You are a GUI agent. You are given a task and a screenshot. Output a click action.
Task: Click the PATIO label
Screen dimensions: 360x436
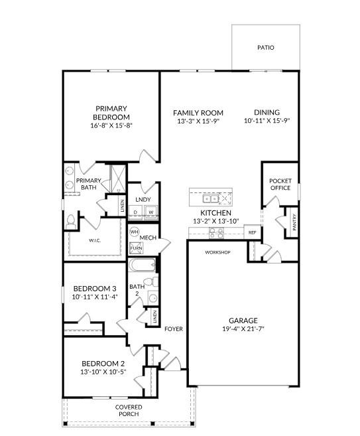(266, 48)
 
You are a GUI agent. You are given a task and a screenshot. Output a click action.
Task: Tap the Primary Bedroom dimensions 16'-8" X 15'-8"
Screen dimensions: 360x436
(111, 125)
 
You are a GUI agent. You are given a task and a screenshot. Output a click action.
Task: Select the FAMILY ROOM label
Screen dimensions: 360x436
(198, 113)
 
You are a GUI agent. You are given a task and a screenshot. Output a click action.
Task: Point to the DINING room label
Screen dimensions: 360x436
(267, 112)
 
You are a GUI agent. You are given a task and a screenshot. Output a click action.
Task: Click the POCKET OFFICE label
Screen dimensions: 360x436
(280, 184)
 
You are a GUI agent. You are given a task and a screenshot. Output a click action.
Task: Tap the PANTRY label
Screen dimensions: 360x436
(294, 222)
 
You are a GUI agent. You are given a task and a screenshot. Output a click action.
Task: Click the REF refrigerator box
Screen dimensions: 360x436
(252, 232)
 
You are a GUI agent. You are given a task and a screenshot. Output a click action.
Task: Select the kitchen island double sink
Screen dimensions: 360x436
(210, 199)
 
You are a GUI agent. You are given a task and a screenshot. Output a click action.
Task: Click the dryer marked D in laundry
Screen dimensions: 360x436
(135, 212)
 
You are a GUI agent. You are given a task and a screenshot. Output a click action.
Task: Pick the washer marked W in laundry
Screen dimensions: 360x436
(151, 212)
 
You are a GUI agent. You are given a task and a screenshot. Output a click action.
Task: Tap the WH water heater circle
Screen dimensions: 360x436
(134, 232)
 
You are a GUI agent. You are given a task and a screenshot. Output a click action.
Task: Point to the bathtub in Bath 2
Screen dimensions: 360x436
(142, 265)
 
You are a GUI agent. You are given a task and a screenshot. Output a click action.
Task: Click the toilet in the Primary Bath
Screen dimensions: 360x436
(71, 222)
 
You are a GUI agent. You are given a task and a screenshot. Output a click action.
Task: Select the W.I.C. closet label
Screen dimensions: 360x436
(95, 240)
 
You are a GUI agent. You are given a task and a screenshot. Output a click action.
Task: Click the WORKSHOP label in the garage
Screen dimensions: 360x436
(217, 252)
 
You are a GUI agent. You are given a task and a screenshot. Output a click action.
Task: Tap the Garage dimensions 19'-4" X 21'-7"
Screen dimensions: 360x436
(243, 329)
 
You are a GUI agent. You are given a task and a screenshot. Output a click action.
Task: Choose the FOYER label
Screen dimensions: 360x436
(174, 329)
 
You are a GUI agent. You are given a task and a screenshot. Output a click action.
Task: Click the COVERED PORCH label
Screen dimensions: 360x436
(129, 410)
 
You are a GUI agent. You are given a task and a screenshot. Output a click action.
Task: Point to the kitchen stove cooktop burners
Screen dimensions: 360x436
(216, 233)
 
